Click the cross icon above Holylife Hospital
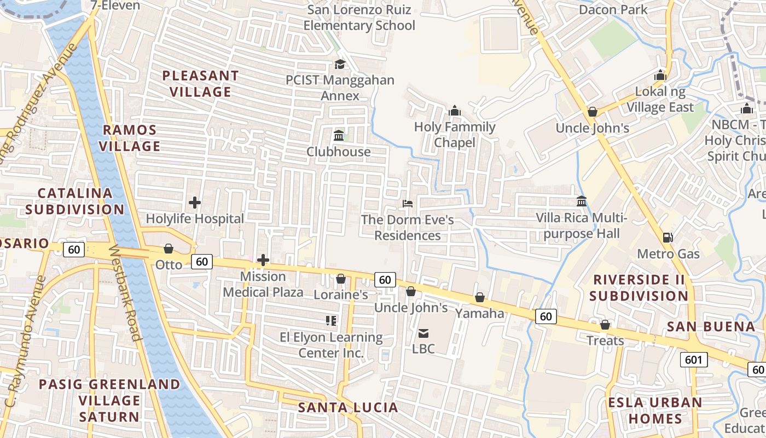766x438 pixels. click(x=195, y=203)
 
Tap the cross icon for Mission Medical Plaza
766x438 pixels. click(x=263, y=260)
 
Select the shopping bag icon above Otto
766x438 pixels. click(x=169, y=249)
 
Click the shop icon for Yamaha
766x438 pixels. click(x=480, y=297)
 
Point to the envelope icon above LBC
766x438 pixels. click(x=423, y=333)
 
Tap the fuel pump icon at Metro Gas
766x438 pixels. click(x=668, y=238)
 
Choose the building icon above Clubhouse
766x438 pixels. click(x=339, y=135)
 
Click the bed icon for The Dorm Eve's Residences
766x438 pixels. click(x=408, y=204)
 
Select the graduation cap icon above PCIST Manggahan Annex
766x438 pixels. click(x=340, y=64)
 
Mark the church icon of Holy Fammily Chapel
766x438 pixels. click(x=455, y=111)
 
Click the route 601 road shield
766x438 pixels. click(x=694, y=360)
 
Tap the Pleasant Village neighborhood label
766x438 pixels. click(x=200, y=84)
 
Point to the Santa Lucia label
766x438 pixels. click(x=348, y=407)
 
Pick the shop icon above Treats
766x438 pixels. click(x=605, y=325)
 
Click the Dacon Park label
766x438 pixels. click(x=613, y=9)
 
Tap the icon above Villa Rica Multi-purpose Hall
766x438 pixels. click(x=582, y=201)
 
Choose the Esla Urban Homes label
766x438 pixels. click(x=655, y=411)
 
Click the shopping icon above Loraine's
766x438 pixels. click(x=340, y=279)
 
